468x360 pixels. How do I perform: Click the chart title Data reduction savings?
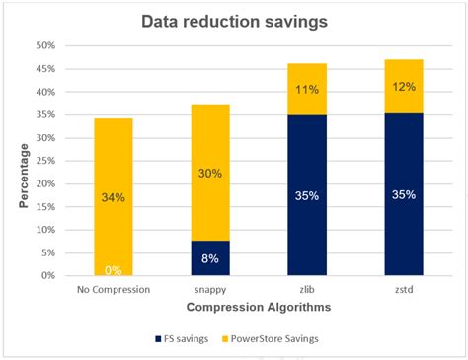pyautogui.click(x=233, y=21)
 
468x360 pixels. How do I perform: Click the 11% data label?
pyautogui.click(x=306, y=90)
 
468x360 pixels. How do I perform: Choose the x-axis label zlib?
pyautogui.click(x=306, y=290)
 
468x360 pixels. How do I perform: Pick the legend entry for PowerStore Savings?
pyautogui.click(x=296, y=339)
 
